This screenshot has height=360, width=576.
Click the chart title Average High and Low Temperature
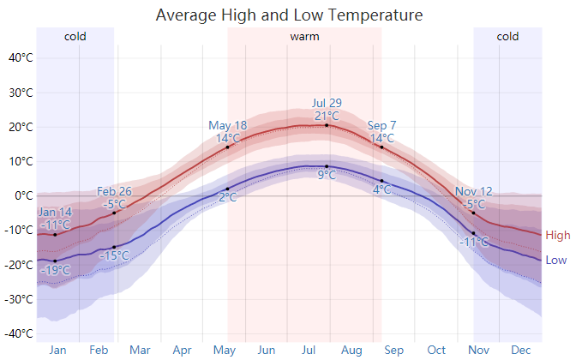point(289,15)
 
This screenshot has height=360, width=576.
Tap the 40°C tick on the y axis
point(21,58)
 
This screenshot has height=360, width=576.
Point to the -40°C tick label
point(20,333)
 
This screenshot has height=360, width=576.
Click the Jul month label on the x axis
point(309,350)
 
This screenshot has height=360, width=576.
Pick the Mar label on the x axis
point(140,350)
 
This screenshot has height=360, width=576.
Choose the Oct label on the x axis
point(437,350)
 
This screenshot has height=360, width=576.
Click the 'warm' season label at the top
point(304,36)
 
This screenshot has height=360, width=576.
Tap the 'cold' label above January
point(75,36)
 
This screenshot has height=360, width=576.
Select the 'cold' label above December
point(507,36)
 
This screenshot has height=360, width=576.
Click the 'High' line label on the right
point(557,236)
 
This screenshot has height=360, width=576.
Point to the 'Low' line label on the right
point(556,260)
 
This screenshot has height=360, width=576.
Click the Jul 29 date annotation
point(327,103)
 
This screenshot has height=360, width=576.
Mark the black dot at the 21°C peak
point(327,125)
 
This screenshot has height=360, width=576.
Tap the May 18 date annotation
point(227,126)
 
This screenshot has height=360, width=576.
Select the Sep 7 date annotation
point(381,126)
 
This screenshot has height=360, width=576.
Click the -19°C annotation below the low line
point(56,271)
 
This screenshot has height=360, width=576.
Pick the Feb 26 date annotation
point(114,191)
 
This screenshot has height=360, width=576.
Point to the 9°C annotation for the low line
point(327,176)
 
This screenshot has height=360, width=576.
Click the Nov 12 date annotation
point(474,191)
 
